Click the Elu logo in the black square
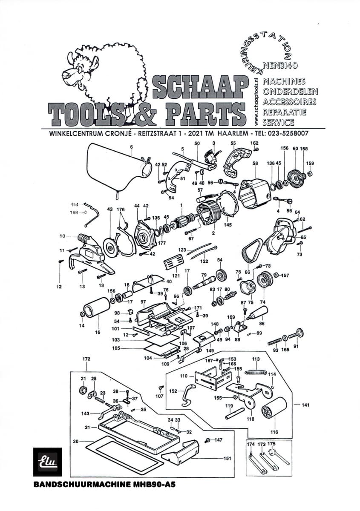[x=47, y=462]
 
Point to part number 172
[x=86, y=359]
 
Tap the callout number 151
[x=227, y=458]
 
